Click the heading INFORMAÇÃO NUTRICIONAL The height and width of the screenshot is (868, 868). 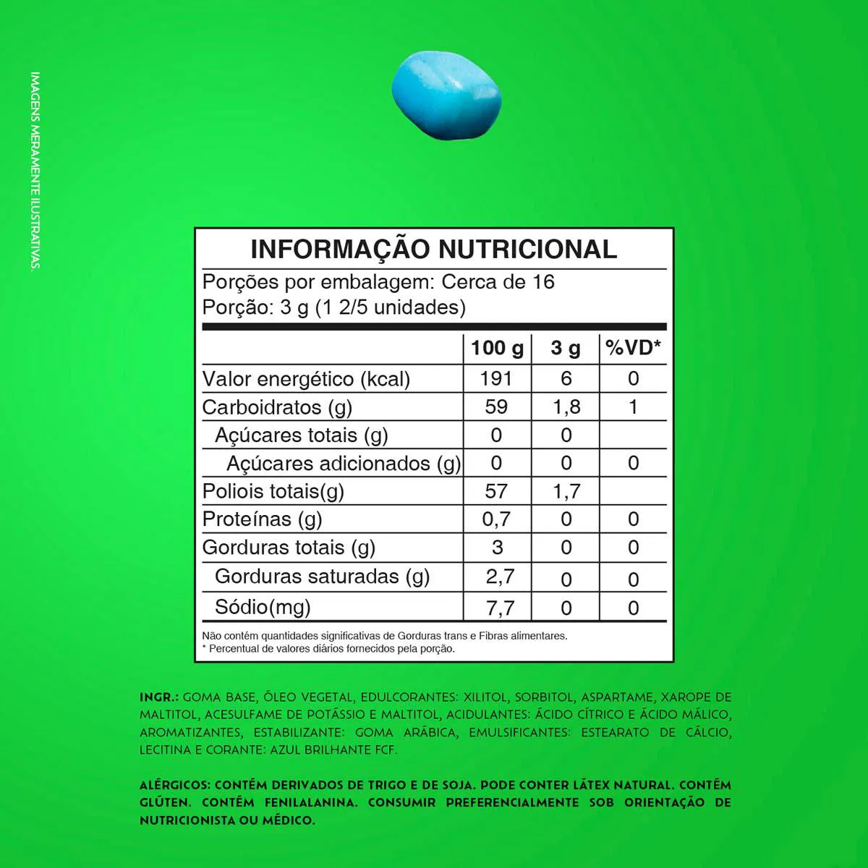(x=434, y=249)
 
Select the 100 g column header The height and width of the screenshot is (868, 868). (x=497, y=348)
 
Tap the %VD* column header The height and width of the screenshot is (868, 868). (x=633, y=348)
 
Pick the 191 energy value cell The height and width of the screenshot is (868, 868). (x=496, y=378)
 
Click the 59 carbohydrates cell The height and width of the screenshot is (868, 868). (x=496, y=407)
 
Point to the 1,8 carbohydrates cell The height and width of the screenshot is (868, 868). (x=566, y=407)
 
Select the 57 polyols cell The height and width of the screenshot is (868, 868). (x=496, y=491)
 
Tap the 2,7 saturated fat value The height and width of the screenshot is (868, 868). (x=499, y=576)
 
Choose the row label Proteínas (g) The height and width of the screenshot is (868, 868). (x=262, y=519)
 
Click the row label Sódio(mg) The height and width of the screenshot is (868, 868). (x=263, y=606)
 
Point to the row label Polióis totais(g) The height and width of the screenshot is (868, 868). (x=273, y=491)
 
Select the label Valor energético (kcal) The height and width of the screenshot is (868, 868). (x=306, y=379)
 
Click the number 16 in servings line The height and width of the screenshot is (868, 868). (x=543, y=281)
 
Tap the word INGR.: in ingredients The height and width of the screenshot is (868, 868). (x=158, y=697)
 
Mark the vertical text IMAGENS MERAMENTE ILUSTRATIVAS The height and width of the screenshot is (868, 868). (x=35, y=171)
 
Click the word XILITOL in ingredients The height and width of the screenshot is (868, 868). (x=485, y=697)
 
